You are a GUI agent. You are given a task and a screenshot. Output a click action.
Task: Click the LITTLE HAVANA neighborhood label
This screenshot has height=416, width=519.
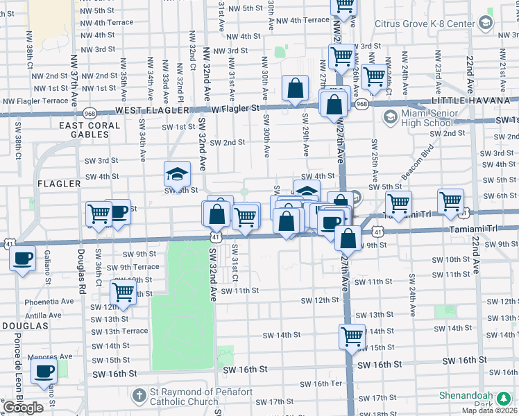click(470, 101)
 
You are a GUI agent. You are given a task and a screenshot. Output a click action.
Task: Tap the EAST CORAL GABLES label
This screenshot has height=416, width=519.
click(90, 125)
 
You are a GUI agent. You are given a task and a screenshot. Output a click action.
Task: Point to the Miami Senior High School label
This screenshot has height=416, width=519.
click(427, 119)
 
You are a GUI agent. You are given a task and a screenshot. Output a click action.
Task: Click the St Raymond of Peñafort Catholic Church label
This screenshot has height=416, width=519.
click(185, 397)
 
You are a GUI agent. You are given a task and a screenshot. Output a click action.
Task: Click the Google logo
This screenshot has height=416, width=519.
click(23, 408)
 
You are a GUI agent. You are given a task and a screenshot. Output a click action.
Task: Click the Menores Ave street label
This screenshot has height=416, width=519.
click(50, 357)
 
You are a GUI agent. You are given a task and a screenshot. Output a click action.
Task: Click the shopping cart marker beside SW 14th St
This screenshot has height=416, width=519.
click(352, 337)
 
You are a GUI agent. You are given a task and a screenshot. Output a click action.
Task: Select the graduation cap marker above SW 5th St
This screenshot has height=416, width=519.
click(177, 173)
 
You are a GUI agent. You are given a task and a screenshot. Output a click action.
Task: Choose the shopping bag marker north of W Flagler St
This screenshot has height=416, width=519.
click(296, 89)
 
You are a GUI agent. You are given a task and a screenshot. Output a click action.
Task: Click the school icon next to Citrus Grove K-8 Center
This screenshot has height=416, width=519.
click(485, 23)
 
